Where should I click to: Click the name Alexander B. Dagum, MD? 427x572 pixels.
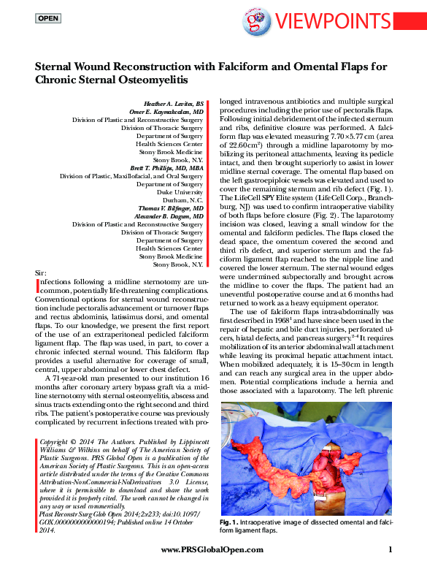pos(171,216)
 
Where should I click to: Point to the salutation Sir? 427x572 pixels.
pos(42,271)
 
